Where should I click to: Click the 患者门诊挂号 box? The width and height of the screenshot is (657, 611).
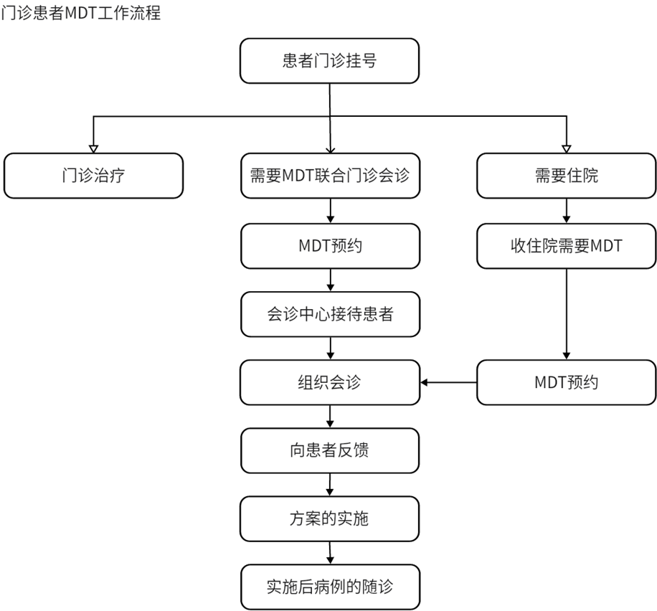click(329, 61)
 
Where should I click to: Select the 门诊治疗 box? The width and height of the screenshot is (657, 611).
click(93, 176)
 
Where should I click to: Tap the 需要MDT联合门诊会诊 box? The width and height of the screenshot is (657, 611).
click(329, 176)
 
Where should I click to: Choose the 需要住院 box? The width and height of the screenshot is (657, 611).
click(567, 176)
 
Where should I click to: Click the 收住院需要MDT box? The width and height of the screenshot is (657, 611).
click(567, 246)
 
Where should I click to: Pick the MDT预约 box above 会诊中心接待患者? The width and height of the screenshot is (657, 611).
click(329, 246)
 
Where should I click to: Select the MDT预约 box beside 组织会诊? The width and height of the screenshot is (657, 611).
click(567, 382)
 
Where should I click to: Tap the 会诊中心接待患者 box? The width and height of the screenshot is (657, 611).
click(329, 314)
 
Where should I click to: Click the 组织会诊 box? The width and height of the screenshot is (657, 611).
click(329, 382)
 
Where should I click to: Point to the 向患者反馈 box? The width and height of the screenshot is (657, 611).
click(329, 450)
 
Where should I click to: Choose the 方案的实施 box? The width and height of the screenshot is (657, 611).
click(329, 518)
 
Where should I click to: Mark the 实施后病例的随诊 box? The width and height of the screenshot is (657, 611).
click(329, 587)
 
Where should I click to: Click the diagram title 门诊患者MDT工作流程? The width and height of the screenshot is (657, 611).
click(80, 12)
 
